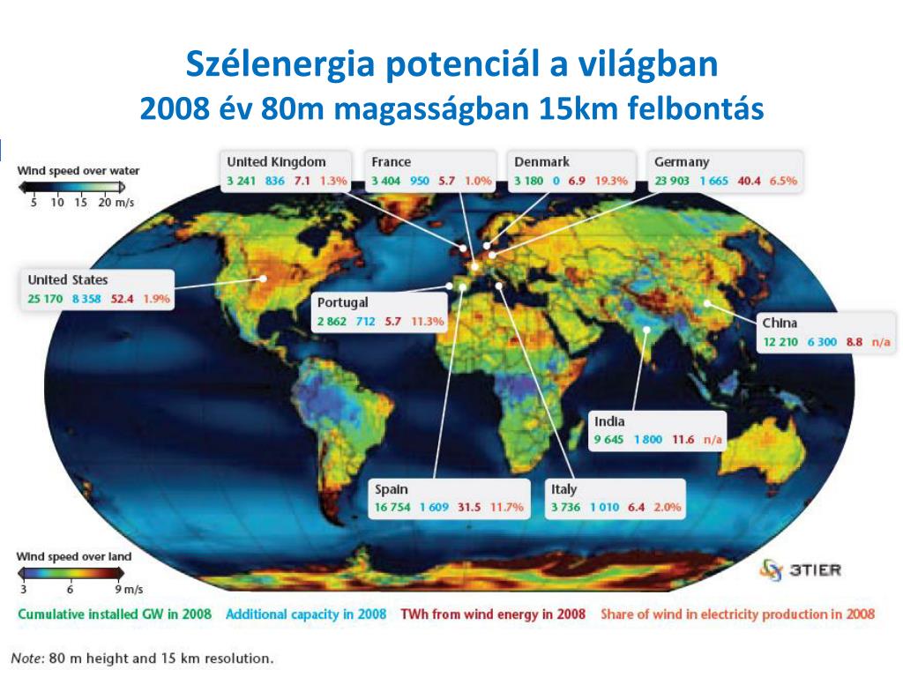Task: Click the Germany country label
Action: click(682, 162)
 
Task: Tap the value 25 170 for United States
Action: click(45, 299)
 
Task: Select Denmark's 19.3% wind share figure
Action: click(611, 181)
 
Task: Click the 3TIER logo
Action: click(801, 570)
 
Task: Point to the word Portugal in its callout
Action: click(343, 303)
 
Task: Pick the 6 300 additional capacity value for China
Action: click(822, 342)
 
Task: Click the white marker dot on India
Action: click(646, 330)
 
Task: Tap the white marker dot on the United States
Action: click(263, 278)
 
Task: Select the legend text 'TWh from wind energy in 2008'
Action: click(493, 614)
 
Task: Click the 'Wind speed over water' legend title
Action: click(78, 171)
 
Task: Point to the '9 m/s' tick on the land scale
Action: click(129, 590)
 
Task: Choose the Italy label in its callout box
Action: click(563, 489)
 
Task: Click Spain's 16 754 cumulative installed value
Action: click(392, 507)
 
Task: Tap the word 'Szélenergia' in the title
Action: click(280, 63)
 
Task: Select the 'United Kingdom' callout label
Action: click(276, 162)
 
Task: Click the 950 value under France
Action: click(419, 181)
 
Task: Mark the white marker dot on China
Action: click(706, 303)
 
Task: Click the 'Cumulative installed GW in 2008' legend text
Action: click(115, 614)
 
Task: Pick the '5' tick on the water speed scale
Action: click(34, 203)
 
